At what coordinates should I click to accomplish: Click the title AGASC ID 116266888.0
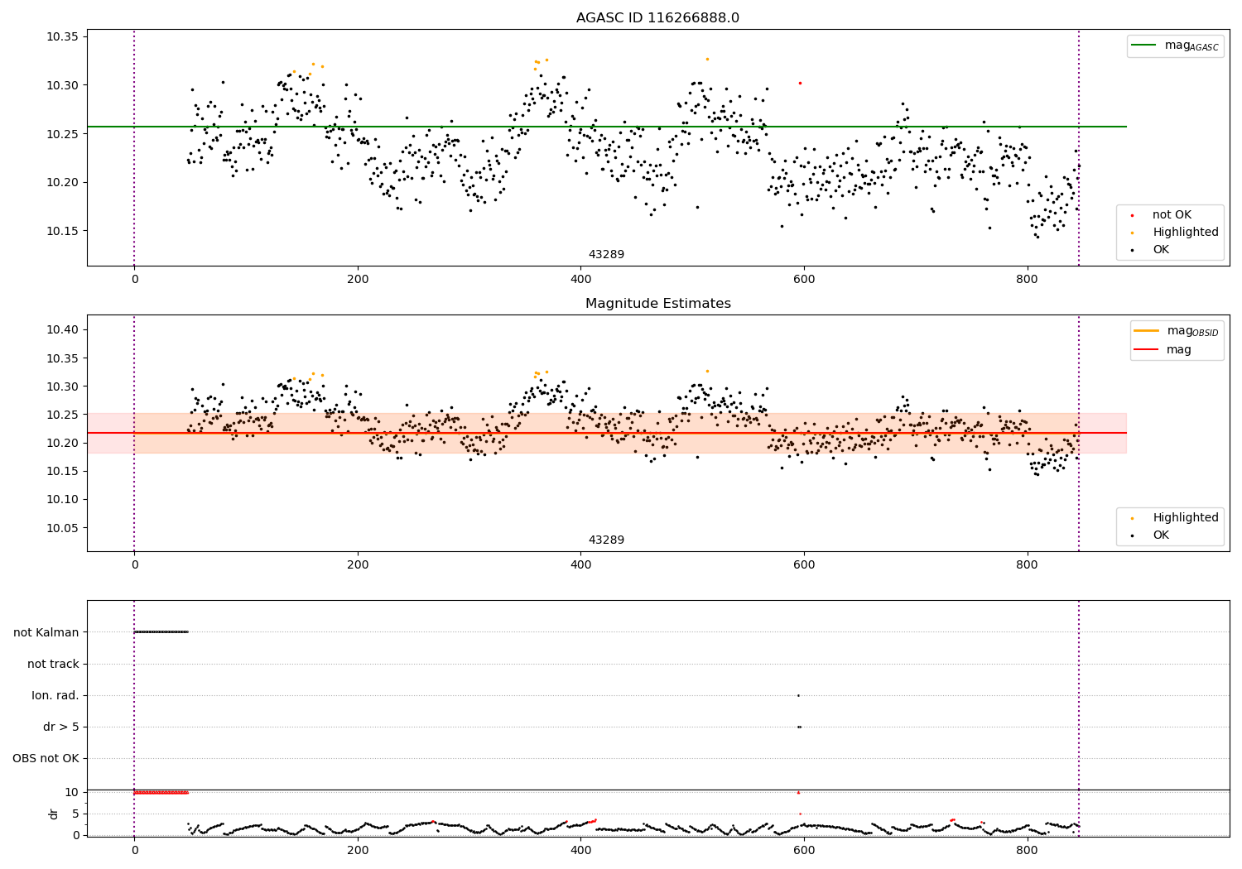coord(657,18)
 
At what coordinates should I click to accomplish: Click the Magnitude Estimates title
coord(657,304)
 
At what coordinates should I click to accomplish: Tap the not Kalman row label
coord(46,632)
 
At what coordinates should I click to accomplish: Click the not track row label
coord(53,664)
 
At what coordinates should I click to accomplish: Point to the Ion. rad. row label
coord(55,695)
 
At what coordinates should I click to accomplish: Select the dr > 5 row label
coord(61,727)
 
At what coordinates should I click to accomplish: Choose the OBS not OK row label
coord(46,758)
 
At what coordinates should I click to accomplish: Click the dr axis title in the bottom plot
coord(54,814)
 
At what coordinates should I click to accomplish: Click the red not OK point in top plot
coord(800,83)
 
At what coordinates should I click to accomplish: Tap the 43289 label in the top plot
coord(606,255)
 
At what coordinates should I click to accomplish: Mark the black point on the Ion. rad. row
coord(798,695)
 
